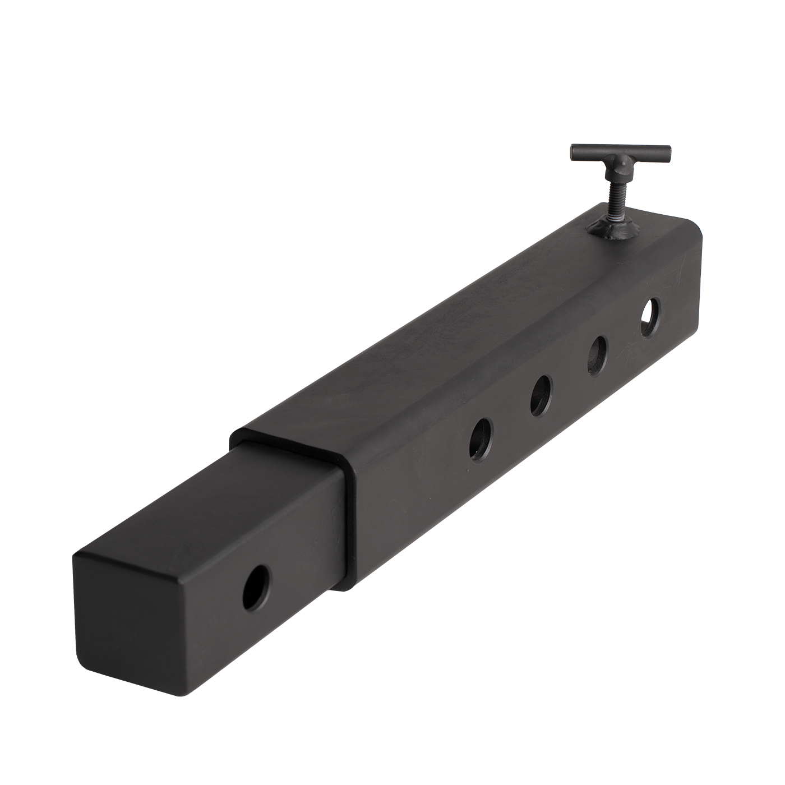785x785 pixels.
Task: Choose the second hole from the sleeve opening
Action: pyautogui.click(x=541, y=395)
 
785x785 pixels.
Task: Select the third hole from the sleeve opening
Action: pyautogui.click(x=598, y=355)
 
